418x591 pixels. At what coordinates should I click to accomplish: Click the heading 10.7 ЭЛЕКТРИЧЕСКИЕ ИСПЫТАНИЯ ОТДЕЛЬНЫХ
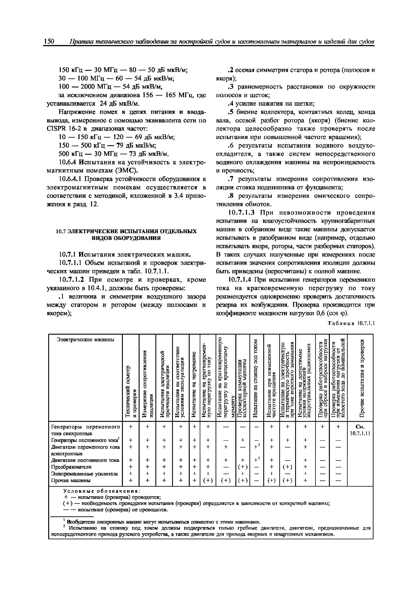click(x=126, y=231)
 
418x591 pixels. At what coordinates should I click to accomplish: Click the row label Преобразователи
click(x=71, y=467)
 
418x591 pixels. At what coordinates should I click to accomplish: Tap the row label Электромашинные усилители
click(x=84, y=473)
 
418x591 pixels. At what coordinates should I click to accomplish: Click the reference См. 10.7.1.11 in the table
click(x=360, y=430)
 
